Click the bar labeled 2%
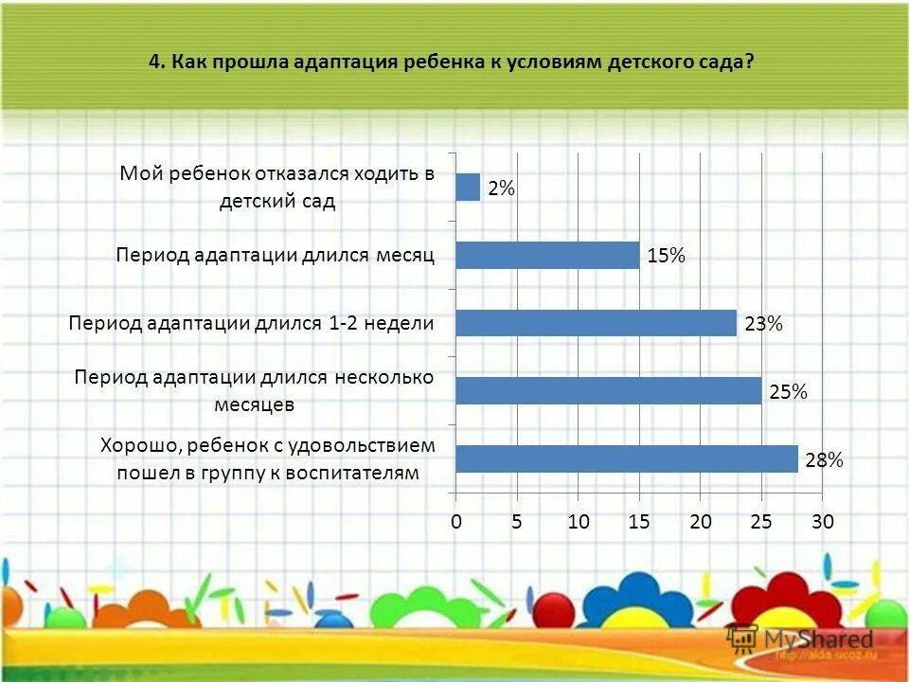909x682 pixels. coord(468,188)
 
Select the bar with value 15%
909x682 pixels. coord(547,255)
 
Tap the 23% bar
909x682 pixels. coord(596,323)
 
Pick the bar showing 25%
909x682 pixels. coord(608,390)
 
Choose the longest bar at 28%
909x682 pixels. coord(626,458)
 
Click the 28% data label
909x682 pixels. coord(824,460)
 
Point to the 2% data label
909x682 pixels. coord(502,189)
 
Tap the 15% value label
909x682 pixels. coord(666,256)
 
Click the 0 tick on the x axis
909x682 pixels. coord(455,522)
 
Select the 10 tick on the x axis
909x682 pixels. coord(579,522)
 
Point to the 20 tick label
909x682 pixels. coord(701,522)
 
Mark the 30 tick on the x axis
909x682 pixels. coord(823,522)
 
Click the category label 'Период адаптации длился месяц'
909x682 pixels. coord(276,255)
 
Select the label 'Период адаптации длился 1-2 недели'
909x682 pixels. coord(252,323)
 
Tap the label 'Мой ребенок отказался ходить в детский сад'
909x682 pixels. coord(276,187)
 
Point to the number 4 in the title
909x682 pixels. coord(154,63)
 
